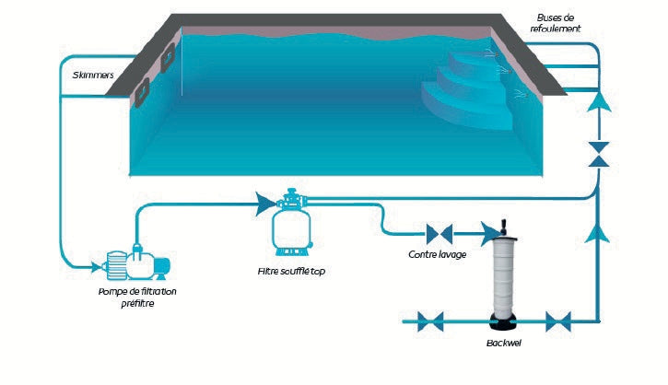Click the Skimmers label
point(90,75)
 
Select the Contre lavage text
point(436,253)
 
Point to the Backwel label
point(503,344)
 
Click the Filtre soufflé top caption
point(290,272)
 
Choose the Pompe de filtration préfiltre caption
point(137,297)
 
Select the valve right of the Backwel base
point(557,321)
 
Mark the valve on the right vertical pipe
point(599,154)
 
